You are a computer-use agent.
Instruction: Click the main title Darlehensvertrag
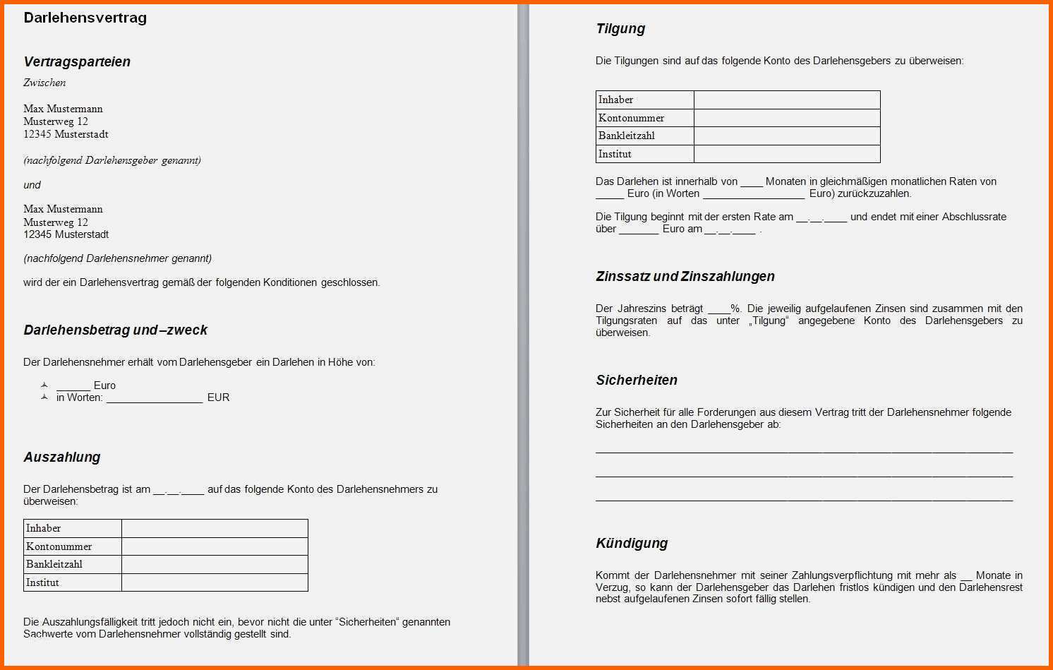pos(85,18)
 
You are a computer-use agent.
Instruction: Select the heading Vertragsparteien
pos(77,61)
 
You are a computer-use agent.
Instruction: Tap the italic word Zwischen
pos(44,83)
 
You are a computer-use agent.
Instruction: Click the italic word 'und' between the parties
pos(32,185)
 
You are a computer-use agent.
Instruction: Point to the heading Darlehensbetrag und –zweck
pos(115,330)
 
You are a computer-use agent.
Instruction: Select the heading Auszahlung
pos(61,457)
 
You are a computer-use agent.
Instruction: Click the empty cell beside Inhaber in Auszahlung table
pos(215,528)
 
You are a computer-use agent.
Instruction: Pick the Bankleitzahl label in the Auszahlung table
pos(54,564)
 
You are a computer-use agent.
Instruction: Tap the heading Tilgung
pos(620,28)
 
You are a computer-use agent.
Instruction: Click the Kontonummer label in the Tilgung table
pos(631,118)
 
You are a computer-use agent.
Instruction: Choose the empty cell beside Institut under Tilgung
pos(787,154)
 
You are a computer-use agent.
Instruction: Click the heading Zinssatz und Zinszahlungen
pos(685,276)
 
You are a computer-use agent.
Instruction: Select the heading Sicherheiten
pos(636,380)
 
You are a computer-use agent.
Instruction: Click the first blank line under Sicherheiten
pos(804,450)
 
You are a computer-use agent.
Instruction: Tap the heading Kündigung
pos(631,543)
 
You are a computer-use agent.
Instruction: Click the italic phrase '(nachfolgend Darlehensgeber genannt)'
pos(112,160)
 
